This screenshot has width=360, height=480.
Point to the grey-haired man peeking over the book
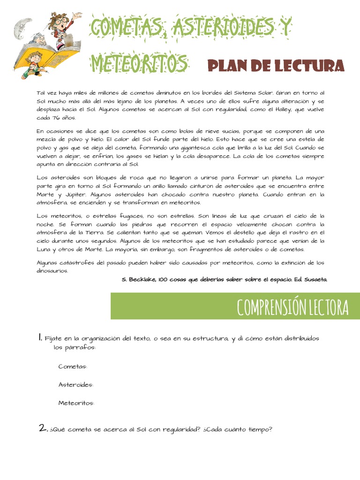[38, 38]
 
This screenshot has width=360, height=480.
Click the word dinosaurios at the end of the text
[52, 271]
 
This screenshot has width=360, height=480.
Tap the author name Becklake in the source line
[142, 279]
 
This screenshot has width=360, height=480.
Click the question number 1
[41, 337]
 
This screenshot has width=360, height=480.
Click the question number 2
[43, 427]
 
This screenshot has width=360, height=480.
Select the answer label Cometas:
[73, 367]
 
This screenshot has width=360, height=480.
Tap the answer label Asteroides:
[75, 385]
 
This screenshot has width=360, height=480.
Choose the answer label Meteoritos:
[76, 403]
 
